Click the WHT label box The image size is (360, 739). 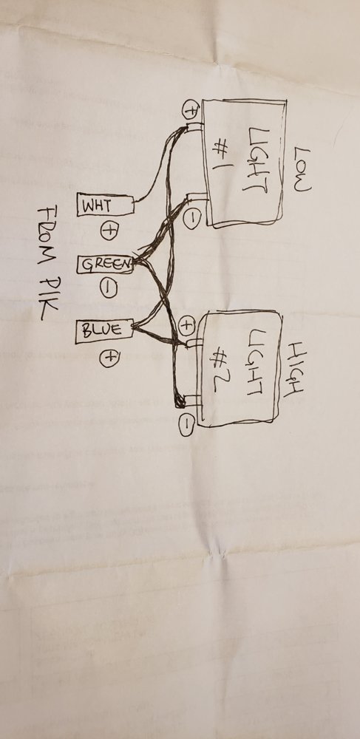click(x=105, y=205)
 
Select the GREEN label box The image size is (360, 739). click(x=105, y=265)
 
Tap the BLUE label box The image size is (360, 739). click(x=104, y=330)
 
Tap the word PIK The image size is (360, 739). click(x=48, y=296)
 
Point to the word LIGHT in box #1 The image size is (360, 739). click(x=257, y=160)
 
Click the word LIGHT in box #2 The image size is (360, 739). click(x=254, y=363)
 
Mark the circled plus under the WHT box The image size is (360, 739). click(x=109, y=231)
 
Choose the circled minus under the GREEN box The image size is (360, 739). click(x=108, y=288)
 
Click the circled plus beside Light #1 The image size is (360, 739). click(x=191, y=110)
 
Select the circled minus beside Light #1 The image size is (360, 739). click(x=192, y=219)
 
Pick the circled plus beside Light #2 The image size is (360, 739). click(x=187, y=324)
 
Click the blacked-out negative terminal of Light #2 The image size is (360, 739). click(x=180, y=401)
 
